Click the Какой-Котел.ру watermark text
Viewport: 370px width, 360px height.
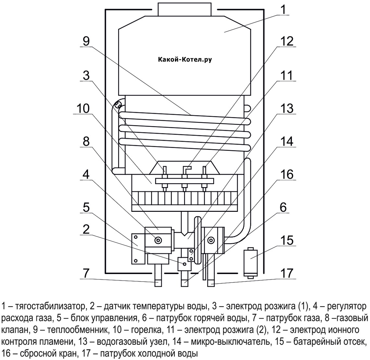pos(185,60)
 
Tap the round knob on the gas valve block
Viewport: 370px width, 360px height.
pos(159,240)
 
